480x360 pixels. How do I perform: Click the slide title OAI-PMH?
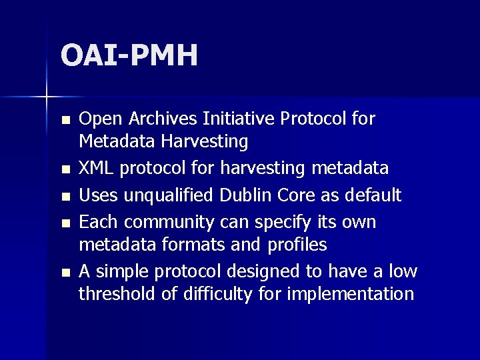[129, 55]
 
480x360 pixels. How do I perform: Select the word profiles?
[297, 245]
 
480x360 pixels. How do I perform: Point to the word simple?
[117, 271]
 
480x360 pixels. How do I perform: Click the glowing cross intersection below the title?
[46, 97]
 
